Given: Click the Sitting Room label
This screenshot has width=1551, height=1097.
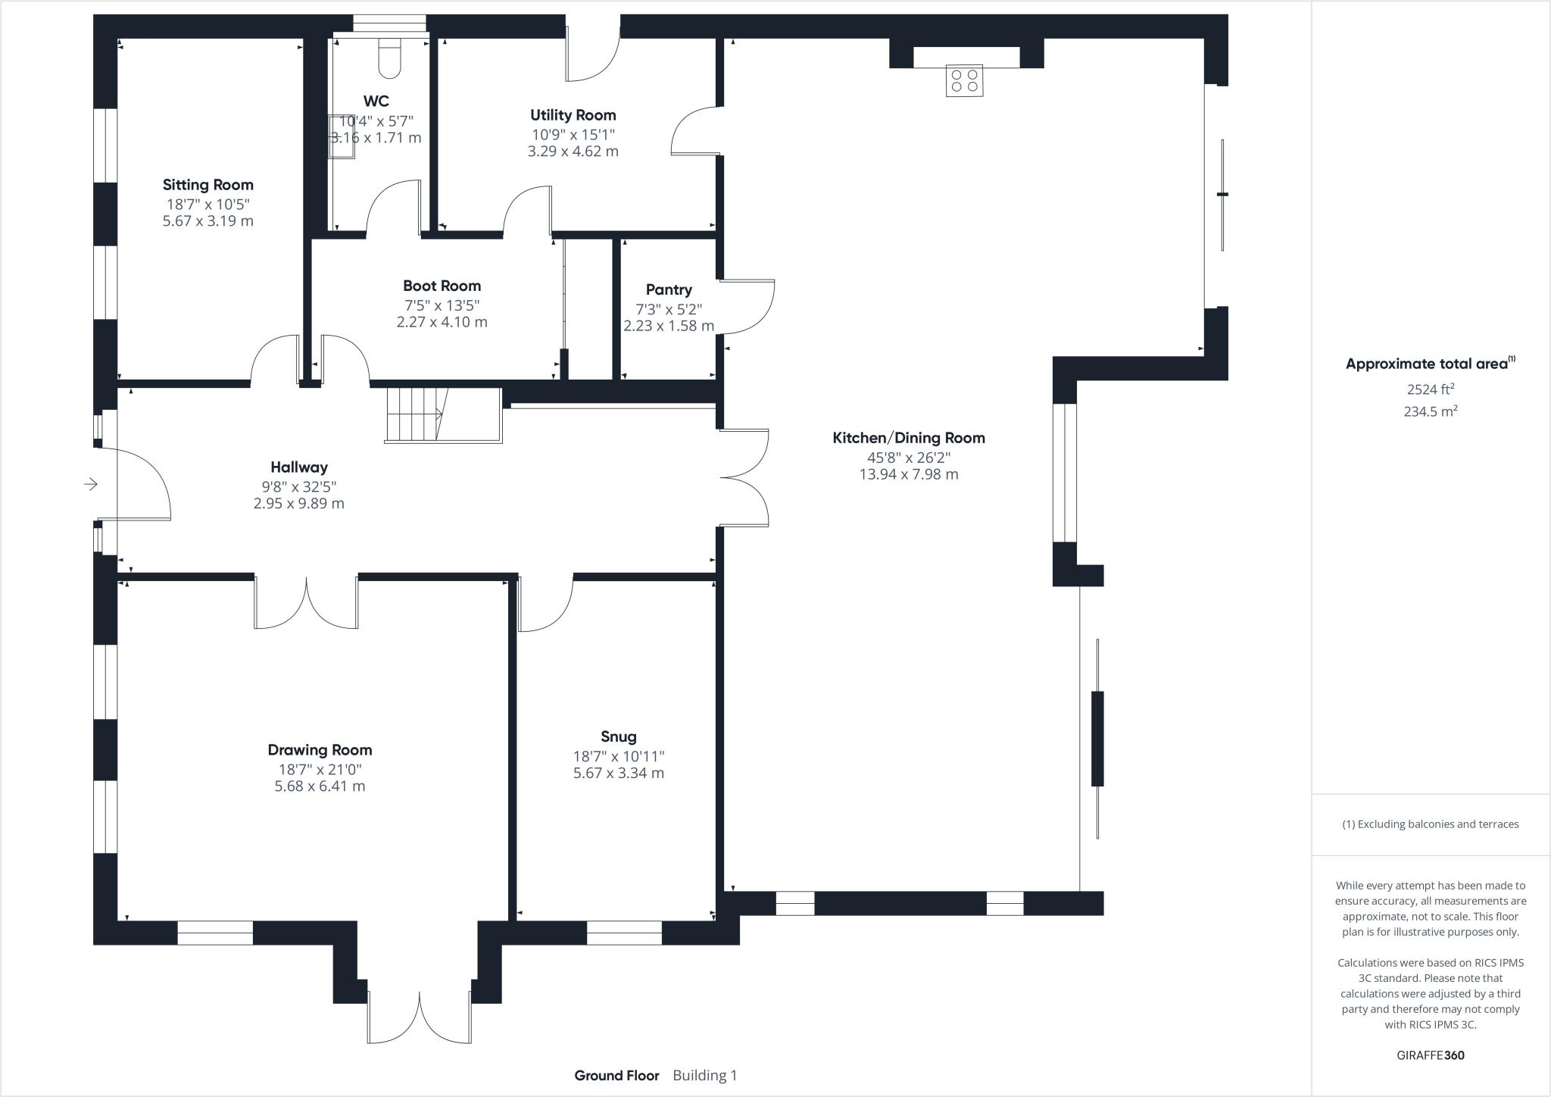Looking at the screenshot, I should click(208, 185).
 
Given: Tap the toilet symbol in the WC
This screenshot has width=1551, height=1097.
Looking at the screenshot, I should click(389, 58).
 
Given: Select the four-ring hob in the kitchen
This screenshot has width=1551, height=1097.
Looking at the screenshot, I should click(964, 80).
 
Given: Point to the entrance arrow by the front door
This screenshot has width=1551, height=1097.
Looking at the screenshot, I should click(91, 483).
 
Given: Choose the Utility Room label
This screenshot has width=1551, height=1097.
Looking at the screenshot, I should click(573, 115).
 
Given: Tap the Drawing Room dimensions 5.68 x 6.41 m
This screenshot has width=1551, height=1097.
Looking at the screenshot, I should click(320, 786).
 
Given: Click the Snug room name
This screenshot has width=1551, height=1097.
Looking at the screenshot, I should click(618, 736).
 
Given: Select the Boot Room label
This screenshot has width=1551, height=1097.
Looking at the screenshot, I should click(442, 286).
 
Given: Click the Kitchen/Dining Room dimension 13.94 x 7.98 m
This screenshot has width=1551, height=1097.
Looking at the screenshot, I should click(908, 474).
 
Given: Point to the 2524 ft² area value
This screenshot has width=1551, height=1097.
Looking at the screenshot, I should click(1430, 389).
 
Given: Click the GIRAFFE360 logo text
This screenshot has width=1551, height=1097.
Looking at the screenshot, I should click(1430, 1055).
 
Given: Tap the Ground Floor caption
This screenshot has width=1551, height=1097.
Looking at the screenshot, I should click(616, 1075).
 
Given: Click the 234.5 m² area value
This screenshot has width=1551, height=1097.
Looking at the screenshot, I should click(1430, 411).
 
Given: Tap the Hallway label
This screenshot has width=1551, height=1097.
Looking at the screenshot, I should click(298, 467).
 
